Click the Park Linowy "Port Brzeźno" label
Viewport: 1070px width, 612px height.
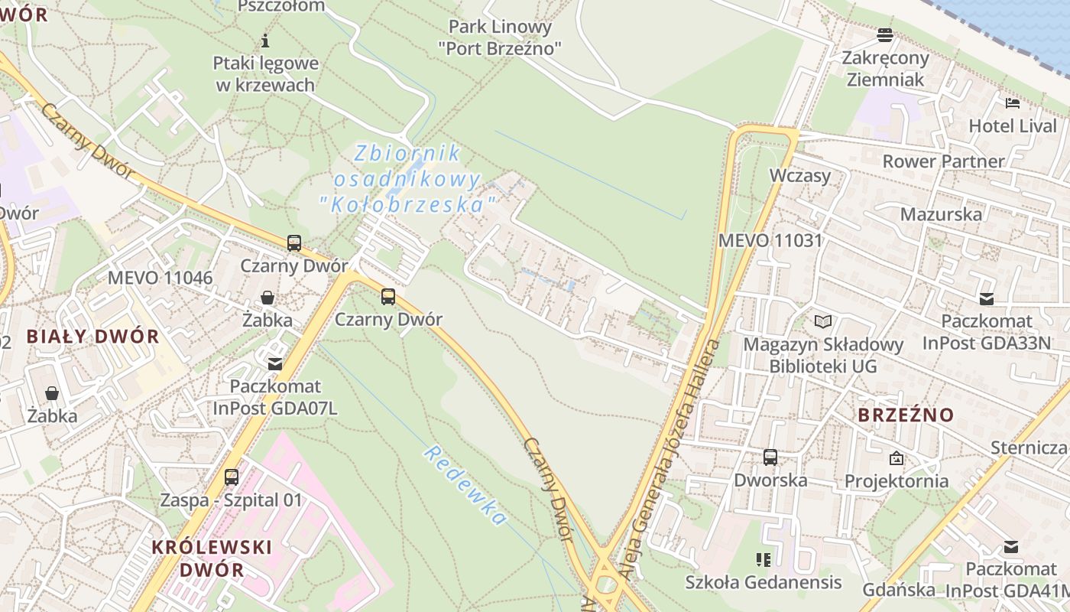point(500,37)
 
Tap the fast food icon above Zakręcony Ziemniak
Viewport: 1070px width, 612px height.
point(885,34)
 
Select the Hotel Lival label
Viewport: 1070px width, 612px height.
point(1012,125)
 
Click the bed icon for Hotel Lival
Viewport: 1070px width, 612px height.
point(1013,103)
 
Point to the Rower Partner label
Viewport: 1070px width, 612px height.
point(943,161)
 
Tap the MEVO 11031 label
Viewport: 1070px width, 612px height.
point(770,240)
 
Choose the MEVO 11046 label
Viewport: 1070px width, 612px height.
point(160,277)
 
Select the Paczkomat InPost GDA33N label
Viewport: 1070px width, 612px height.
point(987,332)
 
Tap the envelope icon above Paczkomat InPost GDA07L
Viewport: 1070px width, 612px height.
point(274,364)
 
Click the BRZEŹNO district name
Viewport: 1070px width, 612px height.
point(906,415)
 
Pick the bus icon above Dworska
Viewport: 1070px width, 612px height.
point(770,457)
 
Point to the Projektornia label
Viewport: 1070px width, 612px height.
point(897,481)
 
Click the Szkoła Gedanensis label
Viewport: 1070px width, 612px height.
point(763,582)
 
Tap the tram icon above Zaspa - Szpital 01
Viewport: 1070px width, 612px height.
point(232,477)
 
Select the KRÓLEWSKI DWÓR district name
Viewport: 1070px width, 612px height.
point(201,558)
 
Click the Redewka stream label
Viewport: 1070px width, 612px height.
point(465,486)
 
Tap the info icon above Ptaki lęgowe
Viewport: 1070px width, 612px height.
point(265,41)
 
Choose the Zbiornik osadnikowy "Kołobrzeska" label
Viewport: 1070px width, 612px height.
point(407,179)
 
